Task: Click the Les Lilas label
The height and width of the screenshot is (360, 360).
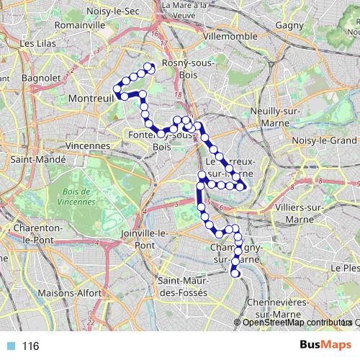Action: point(38,43)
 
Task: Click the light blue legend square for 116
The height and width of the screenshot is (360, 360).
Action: point(10,346)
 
